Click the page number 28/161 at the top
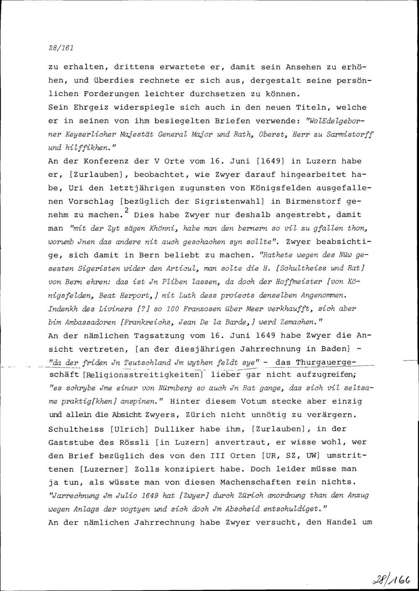click(x=61, y=48)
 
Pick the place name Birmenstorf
click(x=311, y=201)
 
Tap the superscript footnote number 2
click(x=126, y=210)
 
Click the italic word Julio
click(x=126, y=496)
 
